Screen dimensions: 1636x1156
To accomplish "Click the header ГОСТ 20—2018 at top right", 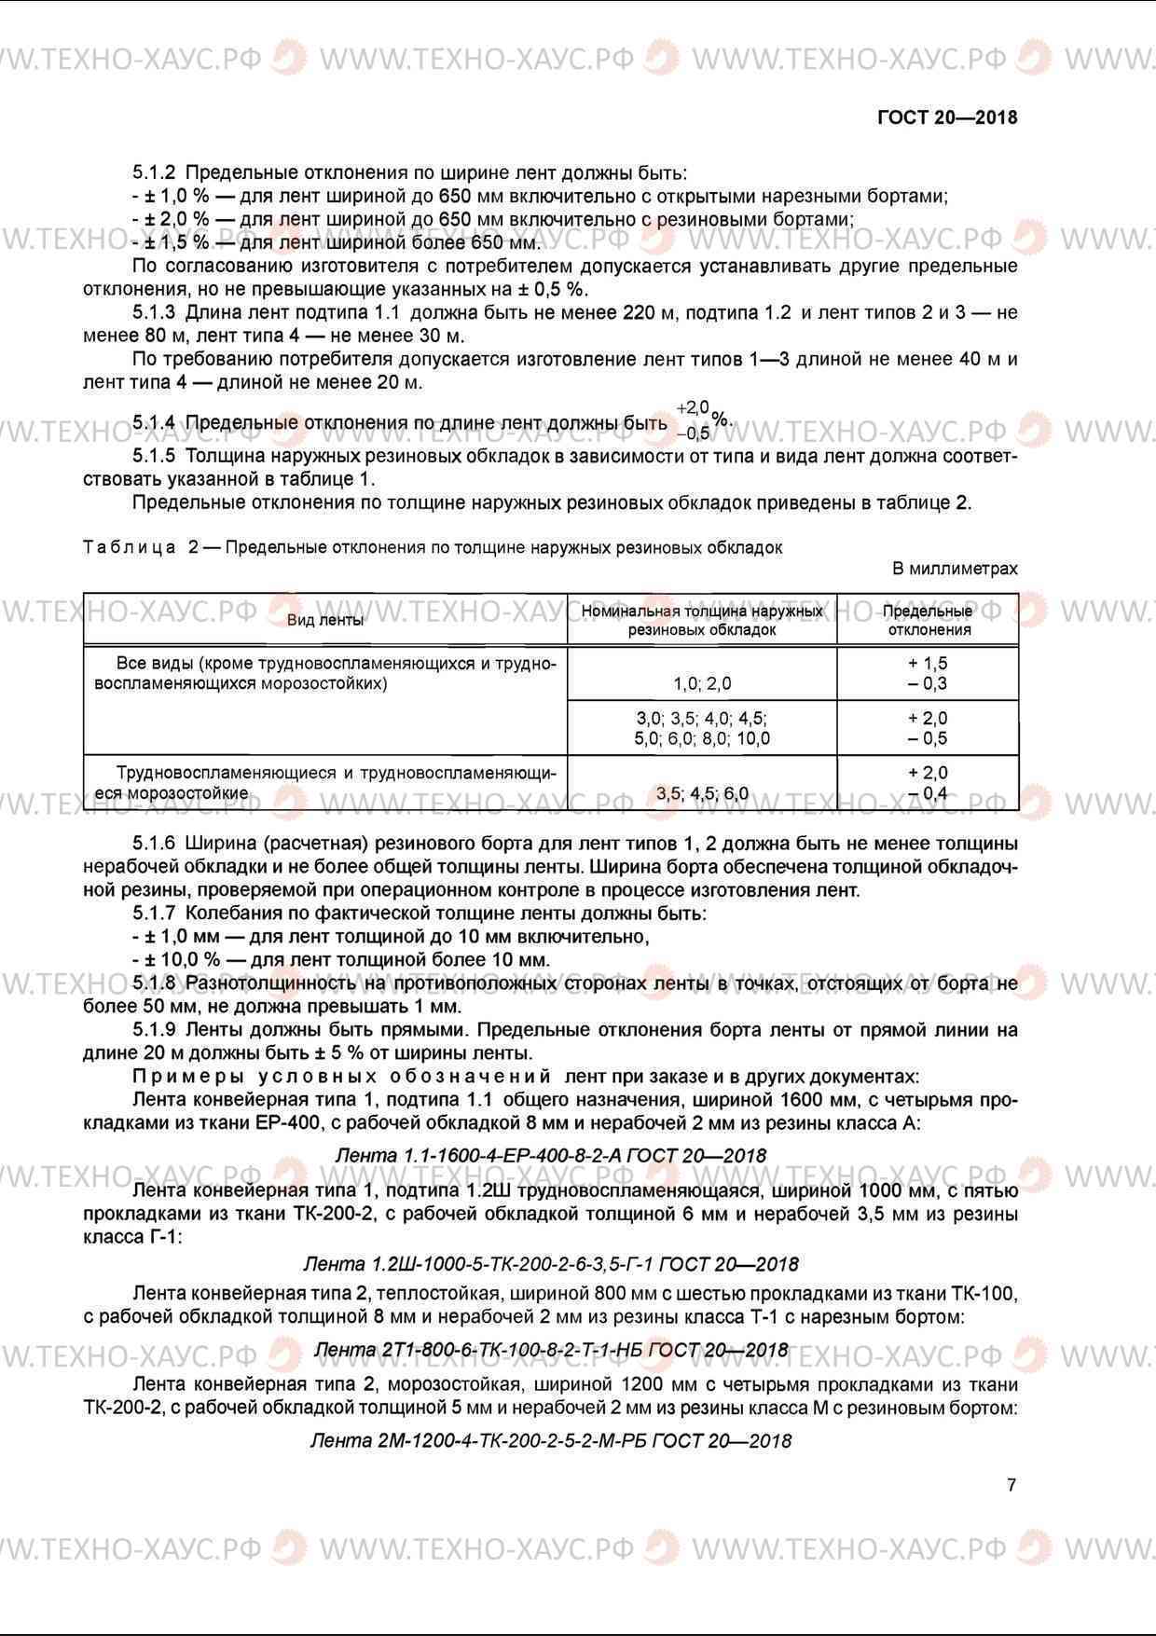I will (x=947, y=117).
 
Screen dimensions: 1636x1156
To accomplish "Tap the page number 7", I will (x=1011, y=1485).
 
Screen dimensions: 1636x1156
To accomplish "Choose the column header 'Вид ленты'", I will (x=325, y=620).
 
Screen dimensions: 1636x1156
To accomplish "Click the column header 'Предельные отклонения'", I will (x=929, y=620).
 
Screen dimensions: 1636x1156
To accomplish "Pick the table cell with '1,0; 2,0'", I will (x=702, y=683).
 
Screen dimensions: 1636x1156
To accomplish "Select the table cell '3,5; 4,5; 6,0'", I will (x=702, y=793).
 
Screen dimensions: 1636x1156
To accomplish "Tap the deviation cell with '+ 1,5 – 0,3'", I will (x=928, y=673).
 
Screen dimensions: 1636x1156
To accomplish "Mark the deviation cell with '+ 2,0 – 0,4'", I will (x=928, y=783).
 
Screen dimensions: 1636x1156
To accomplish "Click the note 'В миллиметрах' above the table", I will (x=955, y=569).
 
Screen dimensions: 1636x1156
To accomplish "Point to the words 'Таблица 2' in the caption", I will (x=140, y=547).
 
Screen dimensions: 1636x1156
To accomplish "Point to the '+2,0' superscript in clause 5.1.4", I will (x=693, y=407).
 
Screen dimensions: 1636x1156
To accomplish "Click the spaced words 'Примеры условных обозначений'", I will (x=342, y=1077).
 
